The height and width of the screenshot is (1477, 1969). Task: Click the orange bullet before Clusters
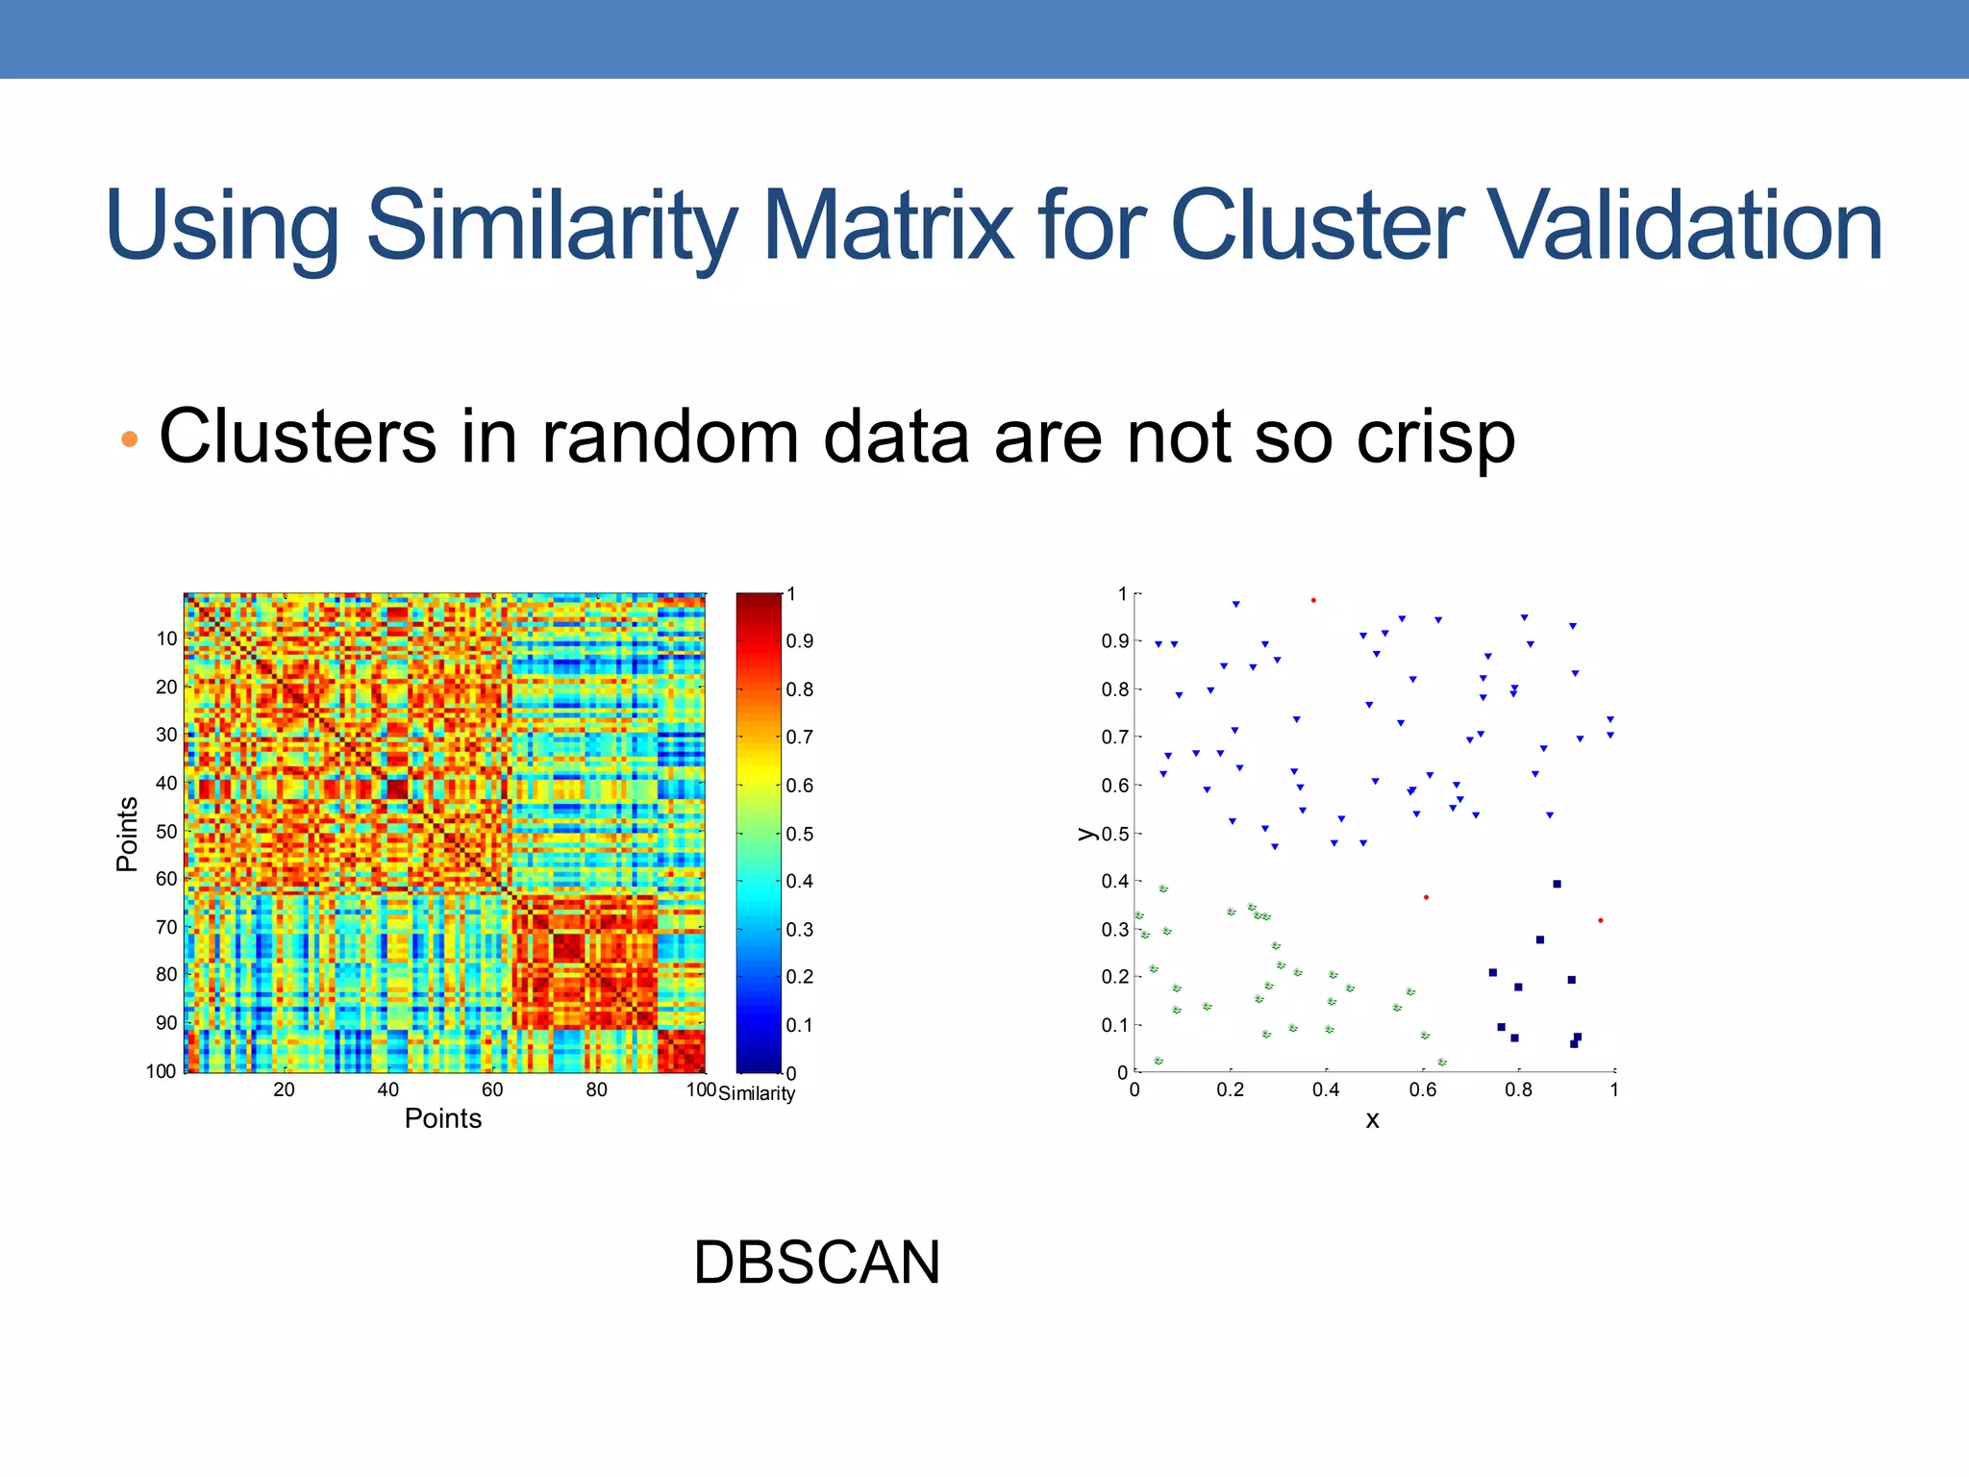[130, 440]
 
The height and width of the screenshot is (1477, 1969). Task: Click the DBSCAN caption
[816, 1263]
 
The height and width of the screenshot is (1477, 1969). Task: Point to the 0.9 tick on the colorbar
[799, 641]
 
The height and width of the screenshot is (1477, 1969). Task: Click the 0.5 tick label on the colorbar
[799, 834]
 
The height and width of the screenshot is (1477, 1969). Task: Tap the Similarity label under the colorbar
[757, 1094]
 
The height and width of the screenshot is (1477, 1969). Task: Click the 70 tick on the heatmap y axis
[166, 927]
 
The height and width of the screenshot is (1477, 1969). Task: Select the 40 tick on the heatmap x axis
[387, 1089]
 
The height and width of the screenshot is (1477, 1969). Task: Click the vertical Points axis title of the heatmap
[127, 834]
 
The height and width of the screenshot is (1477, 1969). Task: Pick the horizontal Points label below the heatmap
[442, 1118]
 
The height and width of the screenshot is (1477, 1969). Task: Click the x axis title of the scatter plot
[1373, 1120]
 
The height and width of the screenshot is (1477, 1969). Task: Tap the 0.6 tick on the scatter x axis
[1422, 1089]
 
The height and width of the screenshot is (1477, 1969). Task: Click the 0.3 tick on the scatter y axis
[1114, 929]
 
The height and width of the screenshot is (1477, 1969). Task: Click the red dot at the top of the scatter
[1313, 600]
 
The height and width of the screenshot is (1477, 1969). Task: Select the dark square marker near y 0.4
[1557, 884]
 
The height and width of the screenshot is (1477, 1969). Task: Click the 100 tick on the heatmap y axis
[162, 1071]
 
